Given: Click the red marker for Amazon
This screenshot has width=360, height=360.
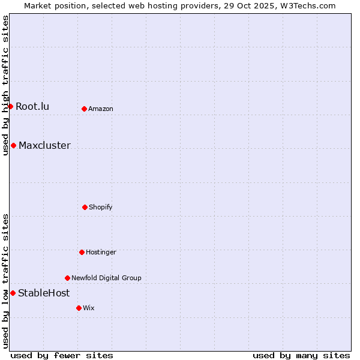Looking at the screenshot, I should pyautogui.click(x=84, y=109).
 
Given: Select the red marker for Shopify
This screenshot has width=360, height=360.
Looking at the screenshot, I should pyautogui.click(x=85, y=207).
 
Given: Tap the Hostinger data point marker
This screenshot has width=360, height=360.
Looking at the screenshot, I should pyautogui.click(x=82, y=252).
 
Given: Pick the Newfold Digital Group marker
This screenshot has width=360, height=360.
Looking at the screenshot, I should pyautogui.click(x=67, y=278).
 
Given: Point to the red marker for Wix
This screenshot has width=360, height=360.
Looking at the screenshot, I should pyautogui.click(x=79, y=308).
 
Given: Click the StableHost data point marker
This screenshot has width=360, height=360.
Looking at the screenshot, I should pyautogui.click(x=13, y=293).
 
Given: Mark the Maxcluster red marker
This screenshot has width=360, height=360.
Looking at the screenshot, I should pyautogui.click(x=13, y=145).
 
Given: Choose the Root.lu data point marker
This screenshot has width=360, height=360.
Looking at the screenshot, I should pyautogui.click(x=10, y=106).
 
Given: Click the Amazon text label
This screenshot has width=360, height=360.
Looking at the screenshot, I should pyautogui.click(x=100, y=109).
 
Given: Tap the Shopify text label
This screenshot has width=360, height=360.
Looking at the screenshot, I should pyautogui.click(x=100, y=207).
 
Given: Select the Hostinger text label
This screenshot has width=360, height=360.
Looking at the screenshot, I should pyautogui.click(x=101, y=252).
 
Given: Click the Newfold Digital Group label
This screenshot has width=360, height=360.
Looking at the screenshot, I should pyautogui.click(x=106, y=278).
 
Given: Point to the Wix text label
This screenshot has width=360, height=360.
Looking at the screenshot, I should pyautogui.click(x=89, y=308).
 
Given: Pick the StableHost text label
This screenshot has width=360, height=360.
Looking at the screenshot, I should pyautogui.click(x=44, y=293).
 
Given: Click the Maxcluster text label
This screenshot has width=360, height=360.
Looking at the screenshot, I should pyautogui.click(x=44, y=145).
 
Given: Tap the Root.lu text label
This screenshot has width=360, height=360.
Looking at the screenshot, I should pyautogui.click(x=32, y=106).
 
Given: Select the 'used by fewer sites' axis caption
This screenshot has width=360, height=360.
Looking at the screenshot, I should pyautogui.click(x=62, y=355).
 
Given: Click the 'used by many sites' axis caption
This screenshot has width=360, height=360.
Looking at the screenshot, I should pyautogui.click(x=301, y=355).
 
